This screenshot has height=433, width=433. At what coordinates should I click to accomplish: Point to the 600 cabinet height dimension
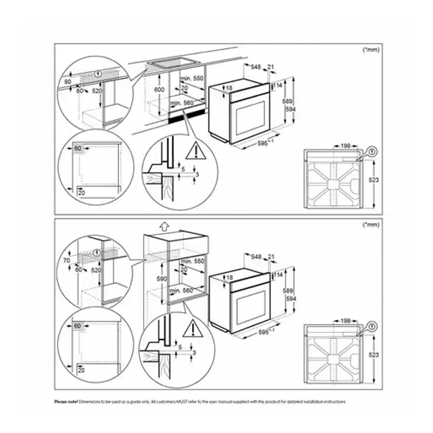click(x=159, y=90)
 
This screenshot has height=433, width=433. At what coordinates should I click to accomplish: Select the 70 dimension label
click(x=66, y=260)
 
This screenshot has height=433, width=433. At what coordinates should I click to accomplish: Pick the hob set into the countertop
click(x=175, y=63)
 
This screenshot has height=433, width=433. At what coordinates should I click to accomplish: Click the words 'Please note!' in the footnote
click(x=66, y=401)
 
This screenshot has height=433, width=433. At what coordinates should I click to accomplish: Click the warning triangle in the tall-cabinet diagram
click(x=193, y=328)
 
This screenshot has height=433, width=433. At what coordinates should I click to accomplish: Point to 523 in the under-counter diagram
click(x=373, y=180)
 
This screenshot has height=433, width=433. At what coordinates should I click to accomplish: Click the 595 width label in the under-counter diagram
click(x=264, y=144)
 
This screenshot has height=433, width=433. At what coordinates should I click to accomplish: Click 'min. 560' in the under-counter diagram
click(x=181, y=103)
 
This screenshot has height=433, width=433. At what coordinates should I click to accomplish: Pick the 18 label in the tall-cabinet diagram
click(x=229, y=277)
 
